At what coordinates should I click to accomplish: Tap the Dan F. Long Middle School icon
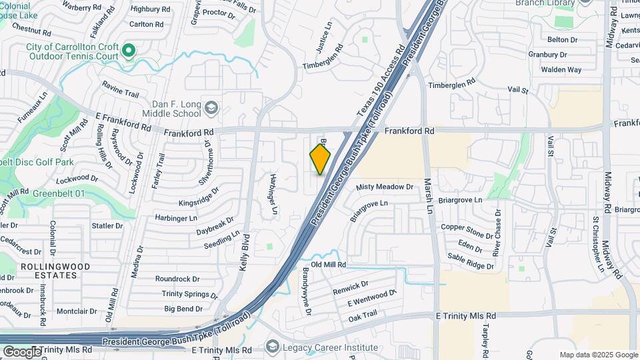[211, 108]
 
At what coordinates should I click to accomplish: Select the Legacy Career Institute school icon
[272, 346]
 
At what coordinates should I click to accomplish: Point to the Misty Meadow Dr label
[385, 187]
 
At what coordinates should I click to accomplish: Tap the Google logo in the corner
[21, 352]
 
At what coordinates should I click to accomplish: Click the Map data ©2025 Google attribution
[598, 355]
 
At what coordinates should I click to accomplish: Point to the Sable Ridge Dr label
[471, 261]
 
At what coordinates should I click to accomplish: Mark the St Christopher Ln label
[597, 244]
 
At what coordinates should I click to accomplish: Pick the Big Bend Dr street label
[183, 309]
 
